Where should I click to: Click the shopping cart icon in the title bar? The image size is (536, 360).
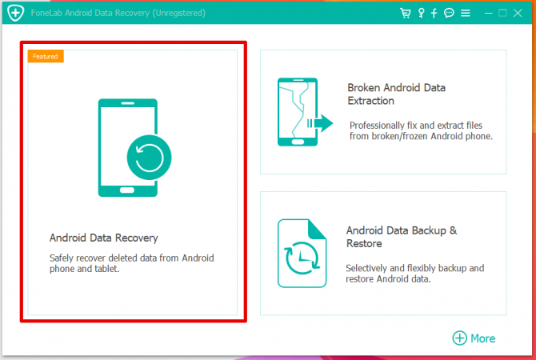tap(405, 14)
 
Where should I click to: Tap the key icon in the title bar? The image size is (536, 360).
tap(420, 14)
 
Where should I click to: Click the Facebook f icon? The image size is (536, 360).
tap(434, 14)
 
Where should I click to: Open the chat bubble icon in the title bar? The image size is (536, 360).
tap(449, 14)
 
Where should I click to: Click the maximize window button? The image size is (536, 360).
tap(502, 14)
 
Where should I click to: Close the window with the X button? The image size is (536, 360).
tap(518, 14)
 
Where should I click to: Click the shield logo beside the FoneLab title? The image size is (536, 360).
tap(14, 14)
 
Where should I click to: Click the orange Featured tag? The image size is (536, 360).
tap(45, 56)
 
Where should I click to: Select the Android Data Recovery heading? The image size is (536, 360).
tap(104, 238)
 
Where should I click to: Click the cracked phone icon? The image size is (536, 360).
tap(298, 111)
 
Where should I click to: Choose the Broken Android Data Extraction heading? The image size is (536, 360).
tap(396, 94)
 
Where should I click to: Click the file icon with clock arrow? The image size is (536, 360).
tap(302, 253)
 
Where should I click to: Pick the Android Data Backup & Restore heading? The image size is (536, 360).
tap(401, 237)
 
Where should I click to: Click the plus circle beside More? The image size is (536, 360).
tap(459, 338)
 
